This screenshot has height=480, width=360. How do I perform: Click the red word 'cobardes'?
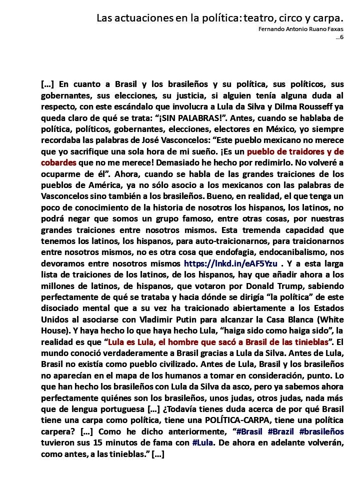[x=58, y=163]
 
